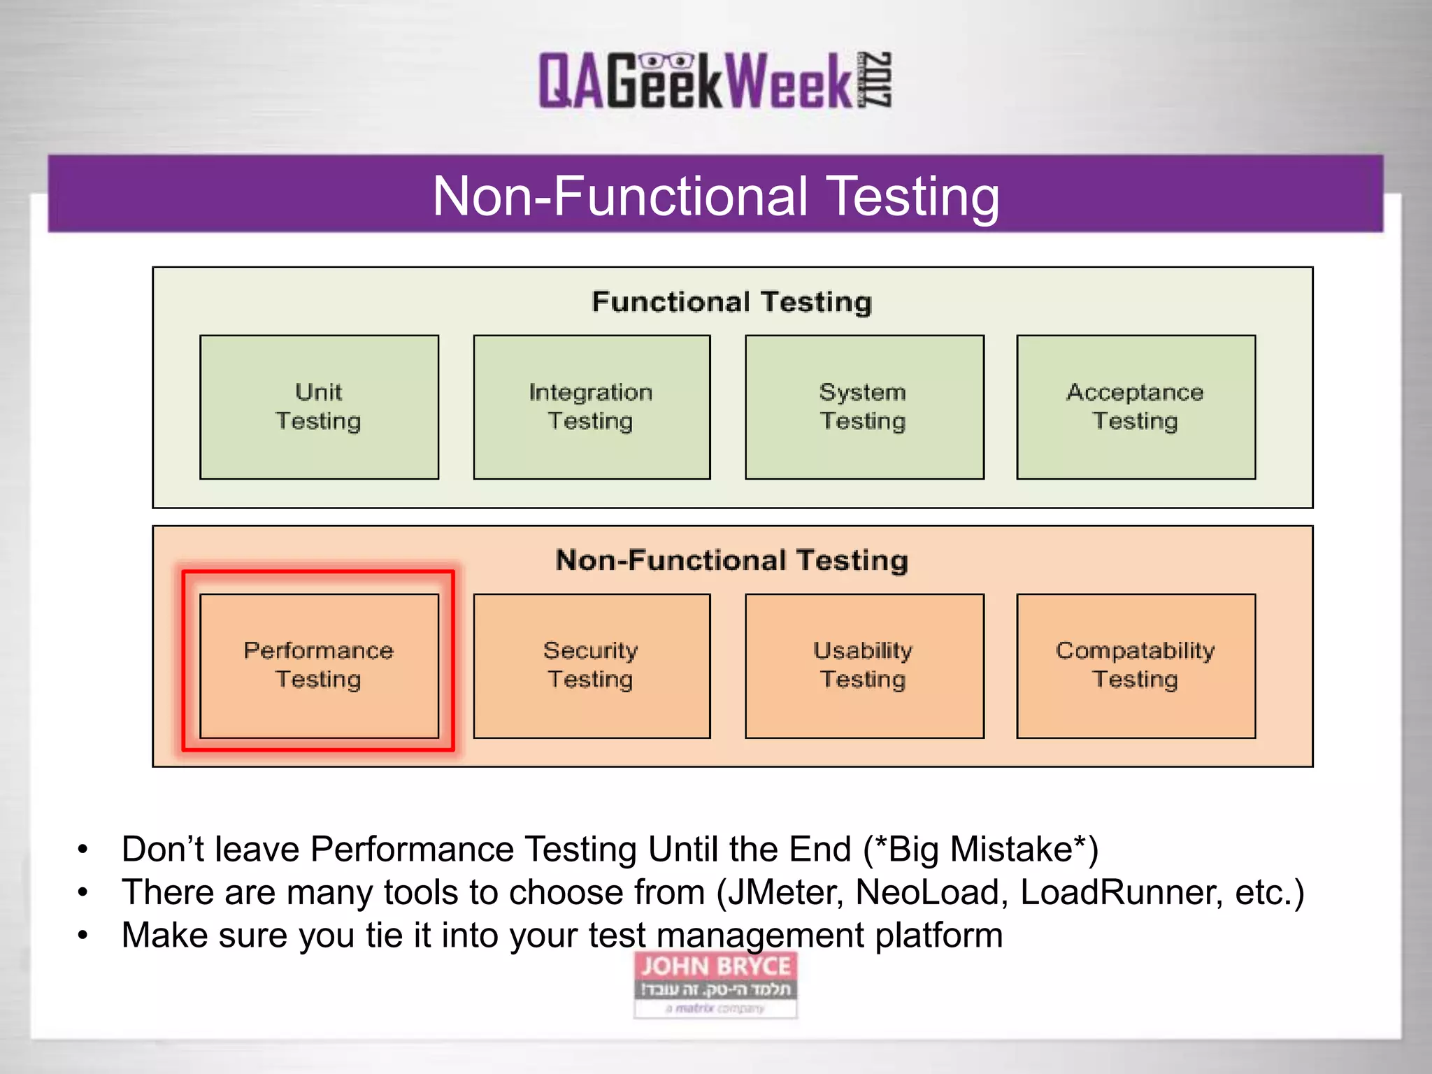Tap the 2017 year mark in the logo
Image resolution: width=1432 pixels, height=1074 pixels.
[875, 80]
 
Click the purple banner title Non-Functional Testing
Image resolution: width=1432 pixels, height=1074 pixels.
[715, 196]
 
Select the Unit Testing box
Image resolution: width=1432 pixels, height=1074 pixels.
[319, 407]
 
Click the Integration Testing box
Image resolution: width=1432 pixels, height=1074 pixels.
[592, 407]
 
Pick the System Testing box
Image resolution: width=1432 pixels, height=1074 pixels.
[864, 407]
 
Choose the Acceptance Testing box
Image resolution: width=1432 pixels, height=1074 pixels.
[1136, 407]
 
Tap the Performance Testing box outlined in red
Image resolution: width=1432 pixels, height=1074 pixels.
[319, 665]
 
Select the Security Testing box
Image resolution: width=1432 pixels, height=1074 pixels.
[592, 665]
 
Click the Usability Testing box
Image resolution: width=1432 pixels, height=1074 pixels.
[864, 665]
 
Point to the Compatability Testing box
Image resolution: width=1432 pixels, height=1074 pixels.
[1136, 665]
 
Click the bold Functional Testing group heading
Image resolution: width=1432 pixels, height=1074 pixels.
[731, 302]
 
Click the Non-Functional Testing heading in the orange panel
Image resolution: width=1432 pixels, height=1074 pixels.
[731, 561]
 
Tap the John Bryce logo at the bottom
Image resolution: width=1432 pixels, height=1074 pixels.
[715, 984]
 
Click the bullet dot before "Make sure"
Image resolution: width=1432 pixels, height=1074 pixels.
[83, 936]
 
